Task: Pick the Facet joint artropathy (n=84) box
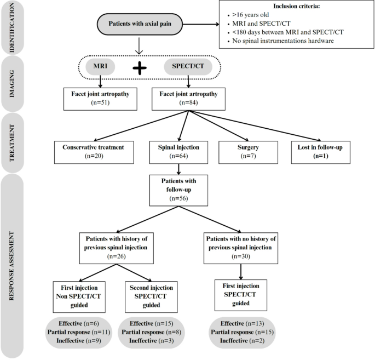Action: pos(188,97)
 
